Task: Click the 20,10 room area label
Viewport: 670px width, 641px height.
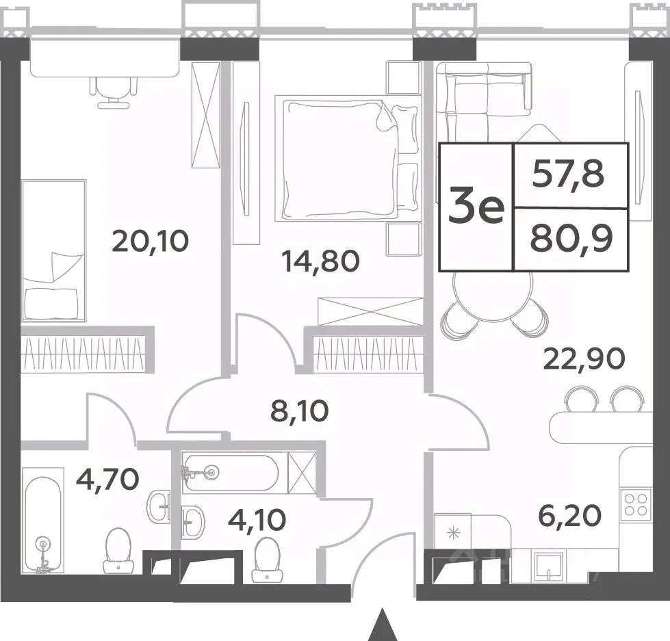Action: pyautogui.click(x=150, y=241)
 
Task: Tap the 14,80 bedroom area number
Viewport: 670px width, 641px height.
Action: pyautogui.click(x=321, y=261)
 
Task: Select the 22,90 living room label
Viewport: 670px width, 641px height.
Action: pyautogui.click(x=584, y=359)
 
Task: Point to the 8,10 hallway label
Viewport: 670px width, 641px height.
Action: pyautogui.click(x=300, y=411)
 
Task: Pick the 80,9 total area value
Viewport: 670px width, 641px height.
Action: pyautogui.click(x=571, y=239)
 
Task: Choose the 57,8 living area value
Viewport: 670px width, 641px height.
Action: pyautogui.click(x=568, y=174)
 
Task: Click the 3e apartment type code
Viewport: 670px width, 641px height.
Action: pyautogui.click(x=476, y=207)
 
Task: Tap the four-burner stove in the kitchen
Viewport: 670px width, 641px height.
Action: pyautogui.click(x=636, y=505)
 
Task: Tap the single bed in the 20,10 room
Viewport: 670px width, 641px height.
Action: pyautogui.click(x=54, y=250)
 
